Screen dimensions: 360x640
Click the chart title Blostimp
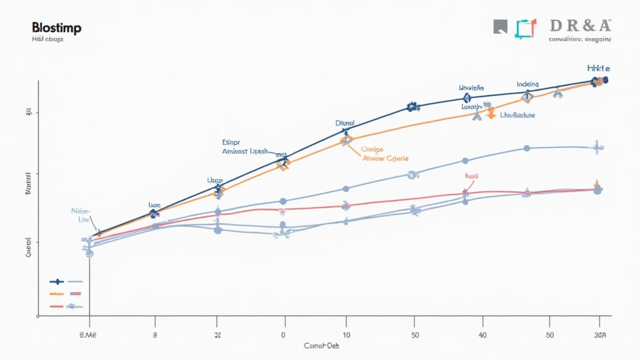[x=56, y=28]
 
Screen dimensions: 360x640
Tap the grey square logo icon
[x=500, y=26]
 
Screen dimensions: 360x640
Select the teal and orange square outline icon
[x=526, y=27]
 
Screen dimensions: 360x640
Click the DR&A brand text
[x=581, y=26]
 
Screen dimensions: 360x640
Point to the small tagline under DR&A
[x=579, y=39]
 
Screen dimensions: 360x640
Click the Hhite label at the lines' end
[x=598, y=68]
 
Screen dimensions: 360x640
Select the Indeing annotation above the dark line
[x=528, y=84]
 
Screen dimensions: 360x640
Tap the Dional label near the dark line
[x=345, y=124]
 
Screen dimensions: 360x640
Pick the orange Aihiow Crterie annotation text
[x=385, y=158]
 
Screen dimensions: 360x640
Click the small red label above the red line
[x=471, y=177]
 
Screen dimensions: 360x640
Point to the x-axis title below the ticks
[x=322, y=346]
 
